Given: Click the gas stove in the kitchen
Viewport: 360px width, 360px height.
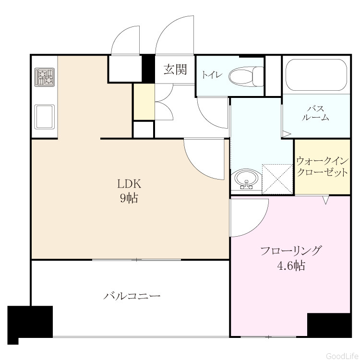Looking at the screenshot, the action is point(45,77).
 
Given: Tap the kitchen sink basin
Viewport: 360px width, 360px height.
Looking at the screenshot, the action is point(45,117).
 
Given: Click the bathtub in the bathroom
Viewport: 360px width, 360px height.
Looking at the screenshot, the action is point(316,75).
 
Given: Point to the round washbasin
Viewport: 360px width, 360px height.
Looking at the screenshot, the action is point(247,180).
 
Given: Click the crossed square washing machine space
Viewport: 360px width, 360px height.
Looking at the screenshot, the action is point(277,179).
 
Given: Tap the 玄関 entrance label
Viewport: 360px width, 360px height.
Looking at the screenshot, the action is point(175,69).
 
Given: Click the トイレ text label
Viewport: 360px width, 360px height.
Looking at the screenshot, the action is point(212,75).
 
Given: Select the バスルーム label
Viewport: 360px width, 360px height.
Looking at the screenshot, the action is point(315,113).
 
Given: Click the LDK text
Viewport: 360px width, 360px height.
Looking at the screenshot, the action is point(129,184).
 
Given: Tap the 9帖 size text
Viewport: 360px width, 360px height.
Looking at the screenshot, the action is point(129,198).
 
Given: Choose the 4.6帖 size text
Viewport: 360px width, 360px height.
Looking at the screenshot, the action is point(291,265).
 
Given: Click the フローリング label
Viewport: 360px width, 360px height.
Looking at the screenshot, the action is point(290,251).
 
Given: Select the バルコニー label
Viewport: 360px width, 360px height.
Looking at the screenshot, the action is point(132,296).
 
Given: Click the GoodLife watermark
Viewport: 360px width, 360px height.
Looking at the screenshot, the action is point(343,356).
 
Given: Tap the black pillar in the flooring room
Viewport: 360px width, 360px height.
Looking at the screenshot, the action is point(329,324).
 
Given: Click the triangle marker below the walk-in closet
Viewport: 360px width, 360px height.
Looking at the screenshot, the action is point(325,200).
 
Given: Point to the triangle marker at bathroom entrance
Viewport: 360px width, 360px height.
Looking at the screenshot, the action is point(286,134).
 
